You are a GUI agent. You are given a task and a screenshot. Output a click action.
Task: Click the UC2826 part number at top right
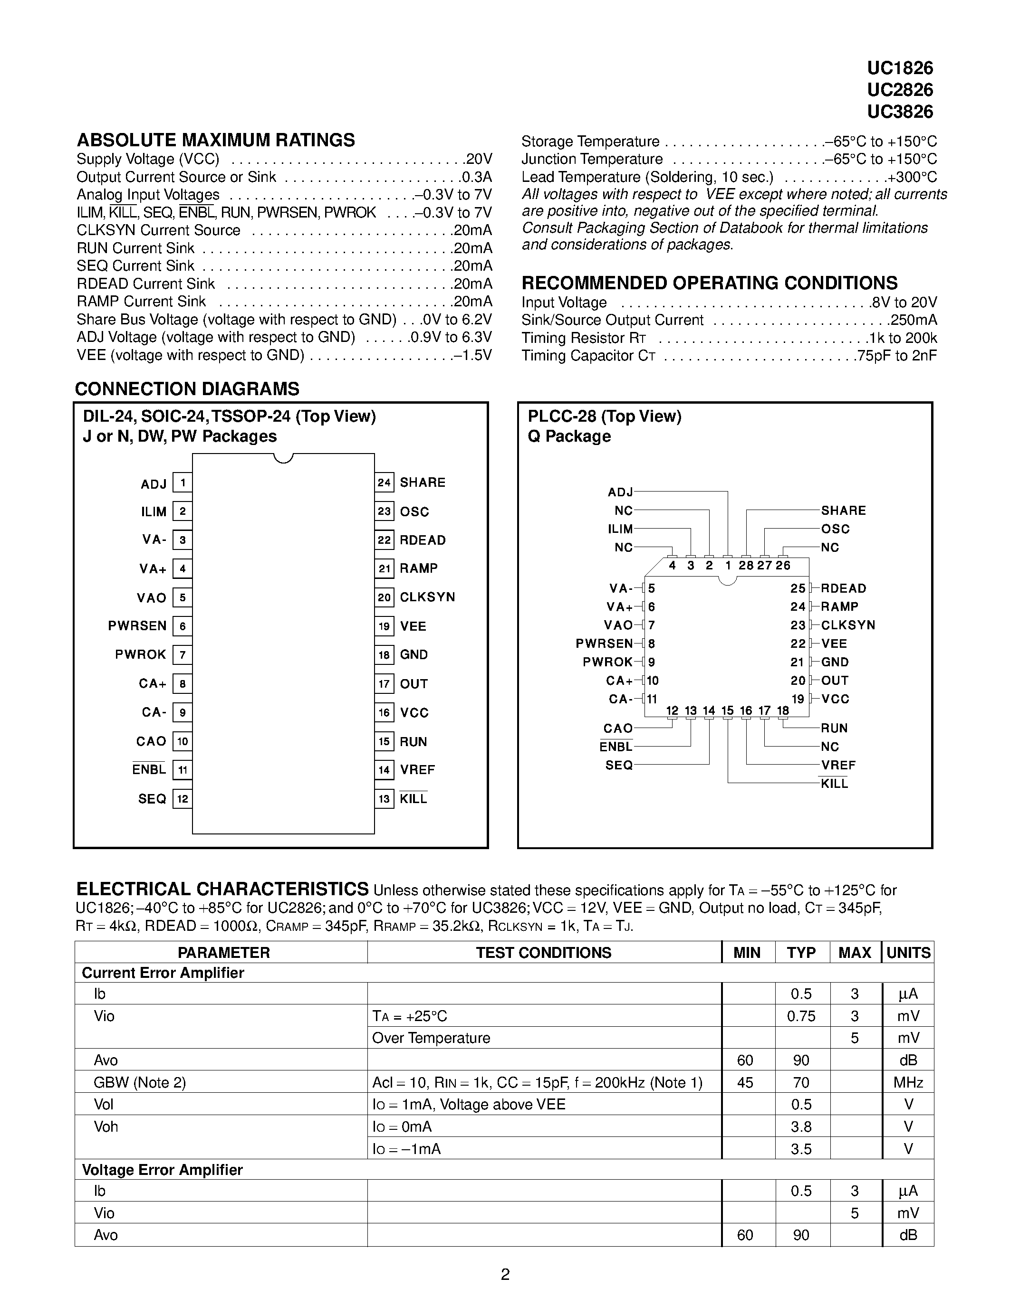coord(899,90)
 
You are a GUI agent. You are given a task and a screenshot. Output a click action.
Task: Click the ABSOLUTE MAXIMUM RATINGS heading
coord(215,140)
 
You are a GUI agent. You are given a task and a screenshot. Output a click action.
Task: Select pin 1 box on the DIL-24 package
coord(183,483)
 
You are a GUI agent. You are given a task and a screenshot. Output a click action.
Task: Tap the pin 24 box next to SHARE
coord(384,483)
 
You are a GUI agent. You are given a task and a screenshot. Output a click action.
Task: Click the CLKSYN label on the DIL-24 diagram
coord(427,597)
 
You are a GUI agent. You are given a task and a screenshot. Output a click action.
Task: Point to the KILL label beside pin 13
coord(414,799)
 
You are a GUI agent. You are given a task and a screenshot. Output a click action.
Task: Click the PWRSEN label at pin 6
coord(137,626)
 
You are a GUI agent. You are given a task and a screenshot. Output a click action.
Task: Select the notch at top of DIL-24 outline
coord(283,458)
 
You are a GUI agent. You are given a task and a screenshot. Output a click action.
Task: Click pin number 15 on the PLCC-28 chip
coord(727,710)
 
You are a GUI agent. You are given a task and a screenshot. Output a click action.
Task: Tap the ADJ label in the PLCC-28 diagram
coord(620,492)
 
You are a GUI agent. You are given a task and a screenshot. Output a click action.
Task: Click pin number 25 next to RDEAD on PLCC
coord(798,588)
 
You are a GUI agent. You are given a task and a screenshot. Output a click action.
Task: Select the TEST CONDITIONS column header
coord(543,953)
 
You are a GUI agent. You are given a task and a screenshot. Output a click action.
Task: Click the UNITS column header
coord(908,953)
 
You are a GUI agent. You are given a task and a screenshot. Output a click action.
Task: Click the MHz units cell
coord(908,1082)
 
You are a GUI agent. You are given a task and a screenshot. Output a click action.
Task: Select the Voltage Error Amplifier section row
coord(162,1170)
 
